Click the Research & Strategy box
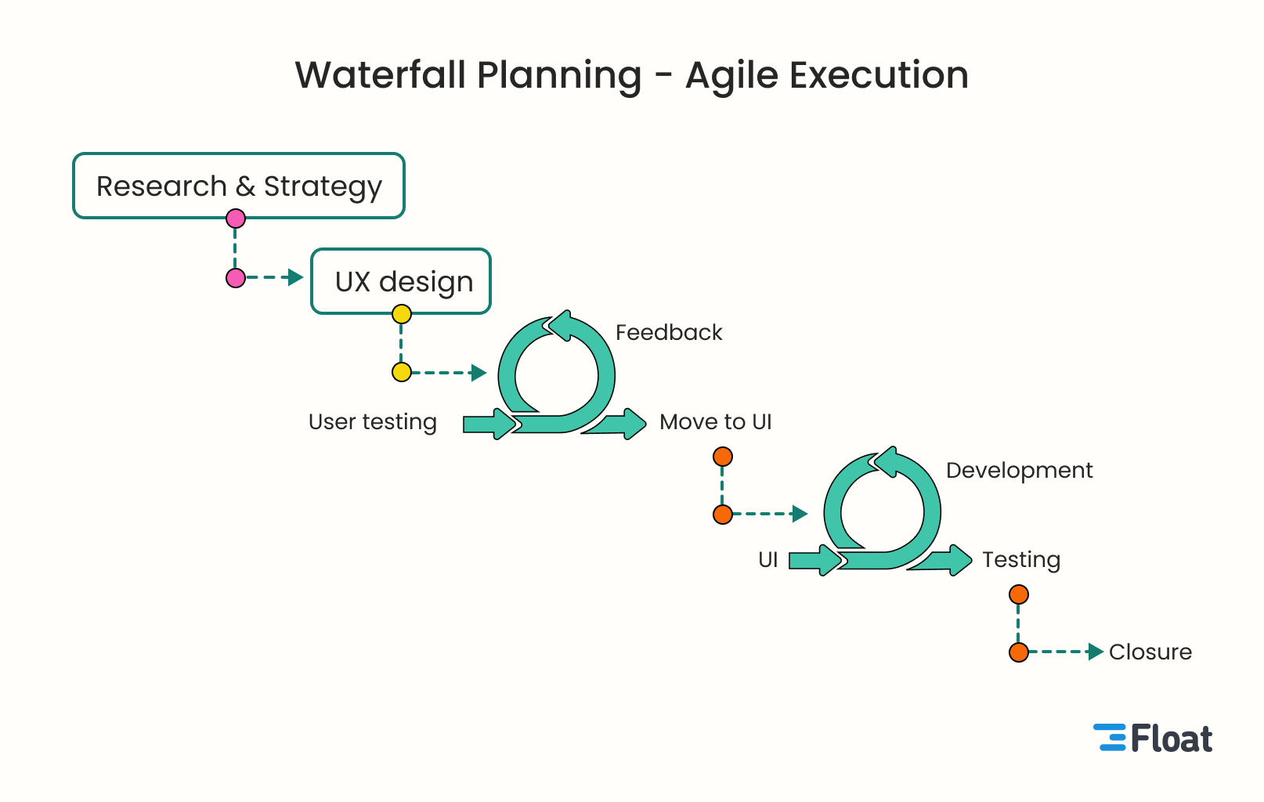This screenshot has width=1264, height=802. tap(239, 186)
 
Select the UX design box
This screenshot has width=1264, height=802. tap(401, 281)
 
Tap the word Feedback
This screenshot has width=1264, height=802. tap(668, 332)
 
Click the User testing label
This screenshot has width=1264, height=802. tap(372, 422)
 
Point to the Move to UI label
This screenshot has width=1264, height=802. tap(715, 422)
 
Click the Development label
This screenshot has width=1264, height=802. tap(1019, 470)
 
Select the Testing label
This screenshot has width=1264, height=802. tap(1020, 559)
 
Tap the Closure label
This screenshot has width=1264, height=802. tap(1150, 652)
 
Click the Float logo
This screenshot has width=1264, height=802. tap(1153, 739)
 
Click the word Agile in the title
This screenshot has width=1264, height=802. tap(731, 75)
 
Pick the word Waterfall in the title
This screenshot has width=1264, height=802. tap(380, 75)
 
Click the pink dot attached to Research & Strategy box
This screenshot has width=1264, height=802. tap(236, 219)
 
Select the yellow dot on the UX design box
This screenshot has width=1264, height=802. tap(402, 314)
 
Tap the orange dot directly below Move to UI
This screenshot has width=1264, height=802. tap(723, 457)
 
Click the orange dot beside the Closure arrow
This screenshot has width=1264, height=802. tap(1019, 652)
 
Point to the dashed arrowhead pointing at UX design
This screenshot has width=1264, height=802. tap(296, 277)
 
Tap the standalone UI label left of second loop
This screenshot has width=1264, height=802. tap(767, 559)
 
